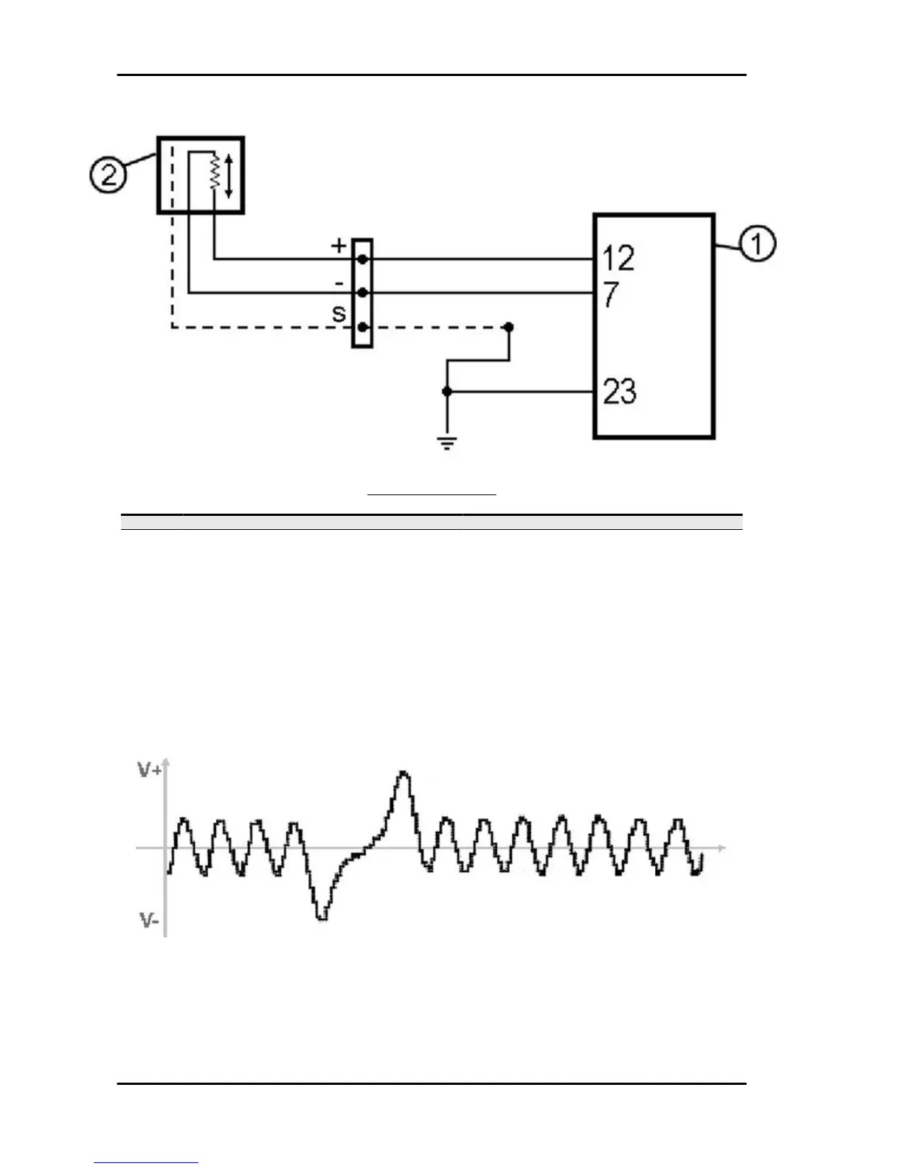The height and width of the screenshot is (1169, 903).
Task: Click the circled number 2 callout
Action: coord(108,176)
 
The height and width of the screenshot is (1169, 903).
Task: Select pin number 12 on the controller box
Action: coord(617,259)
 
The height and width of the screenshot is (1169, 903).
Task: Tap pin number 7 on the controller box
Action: coord(610,295)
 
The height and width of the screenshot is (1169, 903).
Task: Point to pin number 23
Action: coord(619,392)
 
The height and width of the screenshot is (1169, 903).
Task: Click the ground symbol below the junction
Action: coord(446,443)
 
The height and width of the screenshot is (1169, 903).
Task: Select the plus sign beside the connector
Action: coord(339,245)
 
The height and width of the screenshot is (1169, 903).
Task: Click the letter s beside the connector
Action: coord(339,314)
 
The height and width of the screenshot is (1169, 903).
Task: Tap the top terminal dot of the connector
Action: coord(362,260)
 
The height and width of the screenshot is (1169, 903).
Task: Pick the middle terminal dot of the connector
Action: coord(362,293)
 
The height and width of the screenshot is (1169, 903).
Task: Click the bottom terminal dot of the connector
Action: coord(362,327)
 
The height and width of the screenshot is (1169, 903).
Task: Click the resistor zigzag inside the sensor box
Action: coord(215,172)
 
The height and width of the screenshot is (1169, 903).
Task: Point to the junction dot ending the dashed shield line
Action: coord(508,326)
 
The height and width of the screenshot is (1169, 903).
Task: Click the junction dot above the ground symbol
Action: coord(446,391)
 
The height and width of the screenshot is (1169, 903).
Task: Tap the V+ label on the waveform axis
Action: coord(150,770)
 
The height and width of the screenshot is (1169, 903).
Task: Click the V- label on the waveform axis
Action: coord(149,920)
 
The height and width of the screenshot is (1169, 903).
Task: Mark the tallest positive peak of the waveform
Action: coord(403,773)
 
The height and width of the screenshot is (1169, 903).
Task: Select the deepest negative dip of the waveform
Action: coord(321,917)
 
